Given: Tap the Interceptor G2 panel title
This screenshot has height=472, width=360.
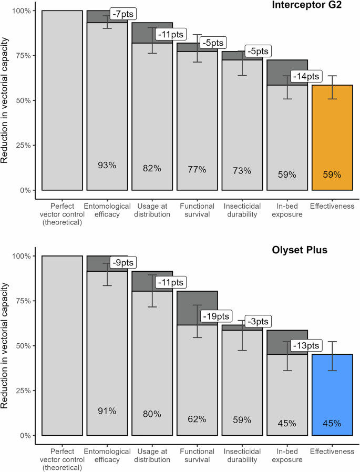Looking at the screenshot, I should (x=314, y=6).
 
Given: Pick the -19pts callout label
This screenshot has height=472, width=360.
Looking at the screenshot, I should (x=215, y=316).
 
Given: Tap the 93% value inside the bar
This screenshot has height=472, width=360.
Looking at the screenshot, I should (x=107, y=166).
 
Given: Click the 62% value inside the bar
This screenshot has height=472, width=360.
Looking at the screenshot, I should (x=197, y=419).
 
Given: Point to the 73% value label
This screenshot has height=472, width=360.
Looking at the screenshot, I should (x=242, y=170).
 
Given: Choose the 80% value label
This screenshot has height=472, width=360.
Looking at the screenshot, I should (x=152, y=414).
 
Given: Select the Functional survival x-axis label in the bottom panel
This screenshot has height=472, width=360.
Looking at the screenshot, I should (x=197, y=455).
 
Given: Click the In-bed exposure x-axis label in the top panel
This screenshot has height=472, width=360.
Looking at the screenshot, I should (x=287, y=210).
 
